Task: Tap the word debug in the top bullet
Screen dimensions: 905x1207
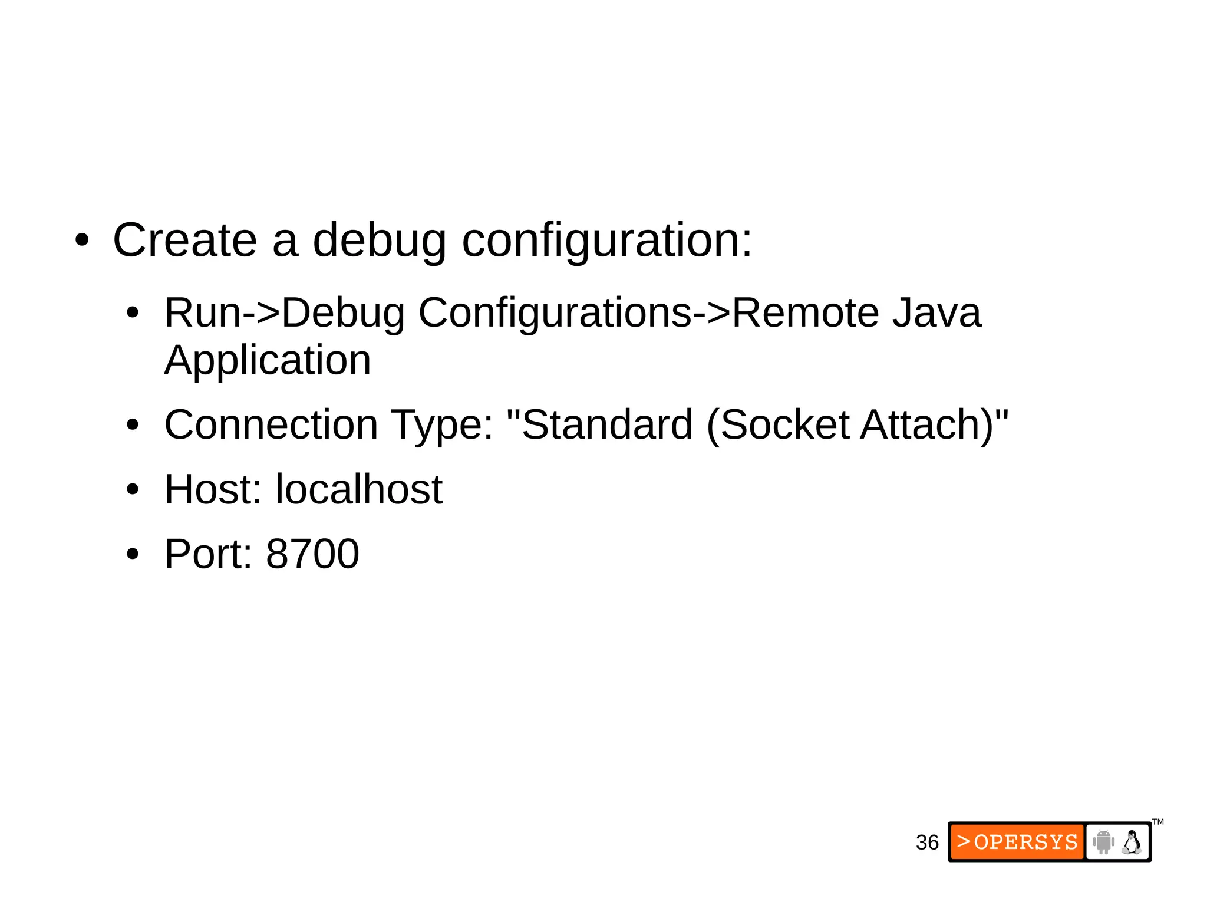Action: coord(379,242)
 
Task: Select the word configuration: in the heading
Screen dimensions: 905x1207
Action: coord(607,242)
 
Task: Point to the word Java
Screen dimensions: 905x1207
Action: coord(936,312)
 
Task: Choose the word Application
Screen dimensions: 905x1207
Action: coord(268,361)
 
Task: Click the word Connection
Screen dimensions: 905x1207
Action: coord(271,424)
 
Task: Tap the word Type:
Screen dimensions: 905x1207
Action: coord(442,426)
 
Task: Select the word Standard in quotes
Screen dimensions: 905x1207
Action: coord(607,424)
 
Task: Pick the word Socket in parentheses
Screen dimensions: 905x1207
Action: coord(784,424)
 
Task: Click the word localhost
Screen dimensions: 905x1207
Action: coord(359,489)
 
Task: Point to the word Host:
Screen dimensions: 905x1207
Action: coord(213,489)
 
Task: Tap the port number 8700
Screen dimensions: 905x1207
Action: coord(312,554)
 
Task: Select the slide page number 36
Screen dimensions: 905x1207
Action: coord(927,843)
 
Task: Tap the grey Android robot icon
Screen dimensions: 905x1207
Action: coord(1103,842)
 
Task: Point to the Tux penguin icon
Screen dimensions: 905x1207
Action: coord(1132,842)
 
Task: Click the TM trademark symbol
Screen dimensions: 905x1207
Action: coord(1158,822)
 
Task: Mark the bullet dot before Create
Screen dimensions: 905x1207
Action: coord(82,241)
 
